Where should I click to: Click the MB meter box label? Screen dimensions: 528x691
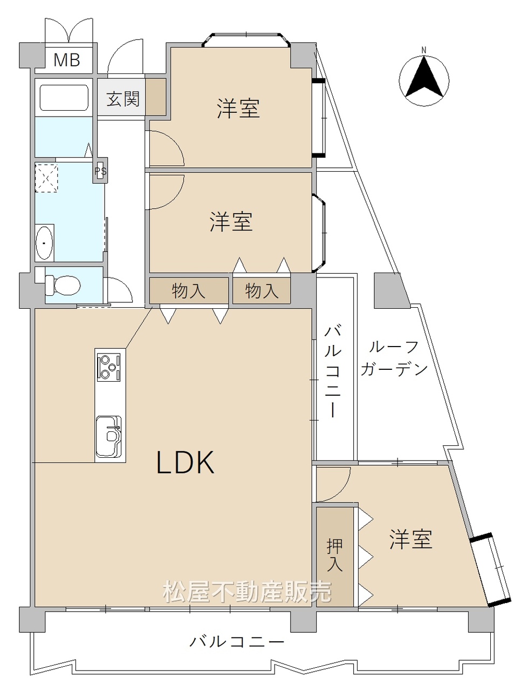coord(67,60)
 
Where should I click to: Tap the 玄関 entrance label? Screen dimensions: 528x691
coord(123,99)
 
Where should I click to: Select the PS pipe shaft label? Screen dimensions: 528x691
coord(101,172)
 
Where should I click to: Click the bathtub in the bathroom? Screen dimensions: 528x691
coord(64,98)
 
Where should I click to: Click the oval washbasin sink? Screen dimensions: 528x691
coord(44,243)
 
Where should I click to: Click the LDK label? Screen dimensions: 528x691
coord(186,463)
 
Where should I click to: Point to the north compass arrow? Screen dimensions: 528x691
coord(424,77)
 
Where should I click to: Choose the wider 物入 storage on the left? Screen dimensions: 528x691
coord(189,290)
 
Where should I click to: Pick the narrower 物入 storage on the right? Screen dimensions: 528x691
coord(262,290)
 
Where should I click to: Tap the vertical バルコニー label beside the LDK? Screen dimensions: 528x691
coord(333,372)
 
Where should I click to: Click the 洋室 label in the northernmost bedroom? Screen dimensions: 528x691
coord(239,109)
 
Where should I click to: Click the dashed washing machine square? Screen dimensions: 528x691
coord(46,178)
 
